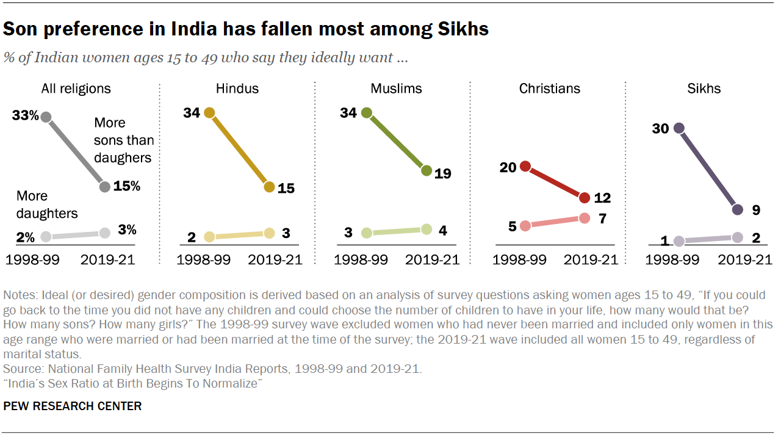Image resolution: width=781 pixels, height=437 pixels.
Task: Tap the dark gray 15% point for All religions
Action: (104, 187)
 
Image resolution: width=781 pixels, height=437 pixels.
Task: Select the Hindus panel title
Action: (237, 88)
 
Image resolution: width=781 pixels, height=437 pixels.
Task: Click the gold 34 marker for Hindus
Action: (209, 112)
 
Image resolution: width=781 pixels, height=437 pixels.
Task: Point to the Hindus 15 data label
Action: (286, 188)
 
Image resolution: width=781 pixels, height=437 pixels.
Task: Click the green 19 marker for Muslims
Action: (426, 171)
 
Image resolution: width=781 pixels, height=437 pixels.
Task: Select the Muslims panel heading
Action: (396, 88)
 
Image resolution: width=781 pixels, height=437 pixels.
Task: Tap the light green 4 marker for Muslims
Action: (426, 229)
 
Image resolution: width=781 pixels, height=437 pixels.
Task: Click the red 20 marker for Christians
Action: (525, 167)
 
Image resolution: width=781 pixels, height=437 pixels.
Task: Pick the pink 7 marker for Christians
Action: (584, 218)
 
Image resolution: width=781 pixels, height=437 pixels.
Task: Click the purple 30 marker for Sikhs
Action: (678, 128)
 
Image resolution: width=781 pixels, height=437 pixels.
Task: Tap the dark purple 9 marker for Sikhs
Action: (737, 209)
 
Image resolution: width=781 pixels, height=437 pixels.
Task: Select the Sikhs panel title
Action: (704, 88)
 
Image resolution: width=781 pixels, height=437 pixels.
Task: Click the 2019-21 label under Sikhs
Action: (745, 260)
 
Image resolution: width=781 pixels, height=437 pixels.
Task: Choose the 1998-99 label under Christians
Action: (519, 260)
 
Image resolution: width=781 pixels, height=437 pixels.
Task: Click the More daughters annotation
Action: (47, 204)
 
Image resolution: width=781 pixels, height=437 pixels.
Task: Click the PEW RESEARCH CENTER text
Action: (73, 406)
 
